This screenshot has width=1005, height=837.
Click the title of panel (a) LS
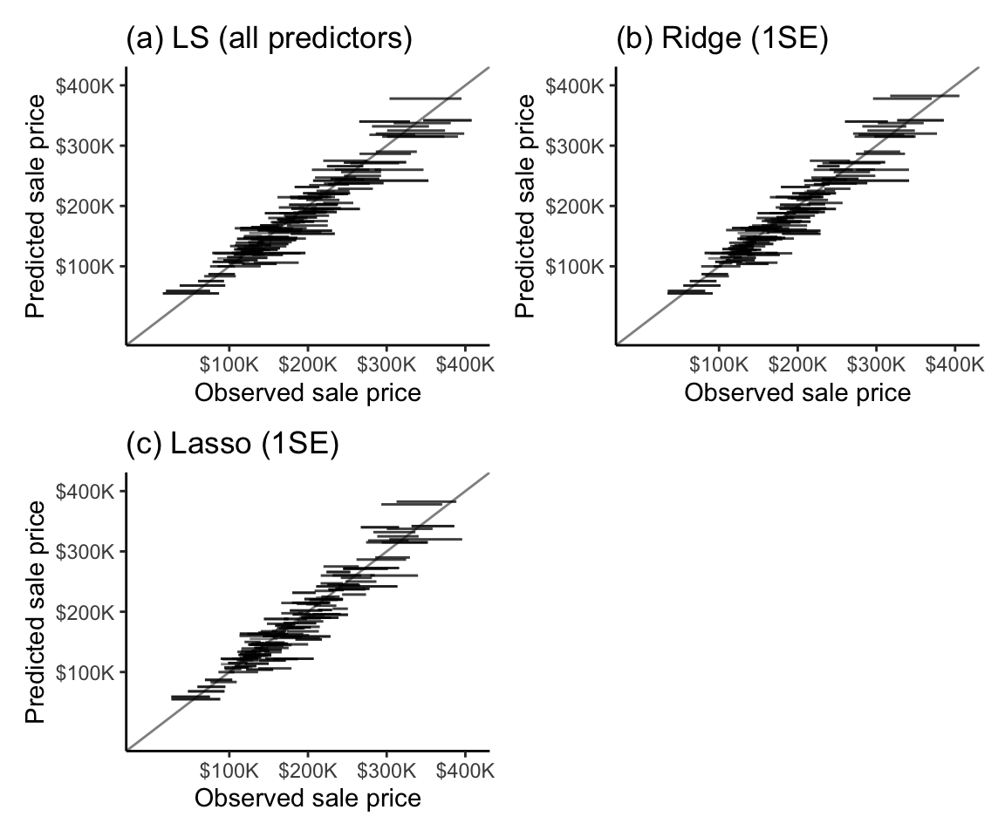[x=269, y=39]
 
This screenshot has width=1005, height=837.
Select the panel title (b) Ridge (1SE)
[x=721, y=39]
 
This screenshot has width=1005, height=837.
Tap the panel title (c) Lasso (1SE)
[x=232, y=445]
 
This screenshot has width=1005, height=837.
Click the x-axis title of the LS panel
[x=308, y=393]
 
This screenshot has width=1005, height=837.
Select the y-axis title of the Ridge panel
[x=526, y=206]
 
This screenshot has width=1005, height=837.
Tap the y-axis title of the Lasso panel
[x=36, y=611]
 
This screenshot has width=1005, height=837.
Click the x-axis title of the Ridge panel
[x=797, y=393]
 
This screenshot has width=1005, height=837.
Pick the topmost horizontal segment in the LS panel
[x=425, y=99]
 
